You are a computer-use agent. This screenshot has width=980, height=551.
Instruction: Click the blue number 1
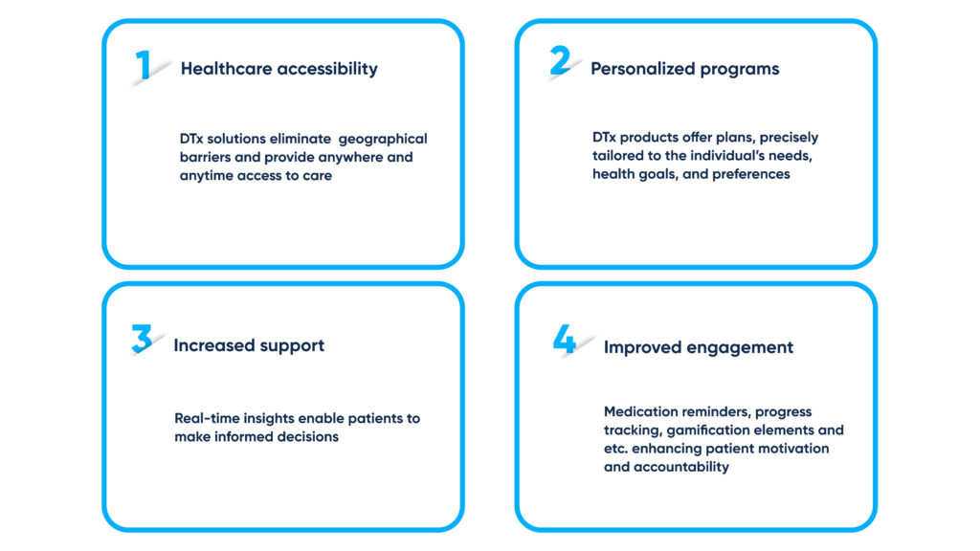click(144, 65)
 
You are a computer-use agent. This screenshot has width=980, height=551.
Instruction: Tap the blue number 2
click(560, 60)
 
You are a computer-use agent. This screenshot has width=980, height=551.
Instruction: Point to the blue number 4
click(564, 340)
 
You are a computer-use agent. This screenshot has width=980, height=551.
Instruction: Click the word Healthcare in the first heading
click(226, 69)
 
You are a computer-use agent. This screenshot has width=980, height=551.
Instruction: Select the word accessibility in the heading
click(327, 69)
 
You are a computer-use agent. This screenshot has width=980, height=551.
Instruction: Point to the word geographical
click(383, 140)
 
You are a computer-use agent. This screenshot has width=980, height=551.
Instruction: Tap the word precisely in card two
click(789, 138)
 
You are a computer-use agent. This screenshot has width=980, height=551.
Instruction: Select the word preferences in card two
click(751, 175)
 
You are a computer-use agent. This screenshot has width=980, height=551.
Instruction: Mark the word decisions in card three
click(308, 436)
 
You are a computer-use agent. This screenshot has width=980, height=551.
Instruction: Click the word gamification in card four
click(707, 431)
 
